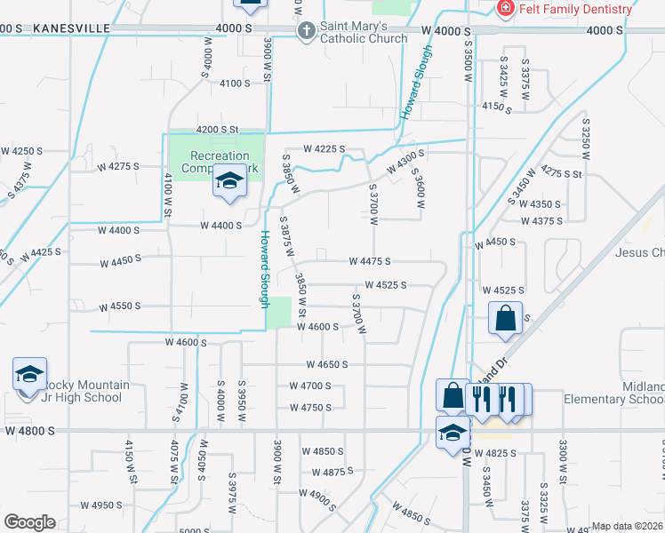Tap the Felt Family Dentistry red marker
pos(505,9)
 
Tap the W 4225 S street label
pos(324,149)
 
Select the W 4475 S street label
pos(371,261)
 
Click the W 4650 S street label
pos(327,364)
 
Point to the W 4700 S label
pos(310,386)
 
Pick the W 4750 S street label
pos(310,408)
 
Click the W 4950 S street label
pos(101,505)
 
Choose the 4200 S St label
pos(219,129)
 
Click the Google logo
pos(29,522)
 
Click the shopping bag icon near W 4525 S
pos(505,319)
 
